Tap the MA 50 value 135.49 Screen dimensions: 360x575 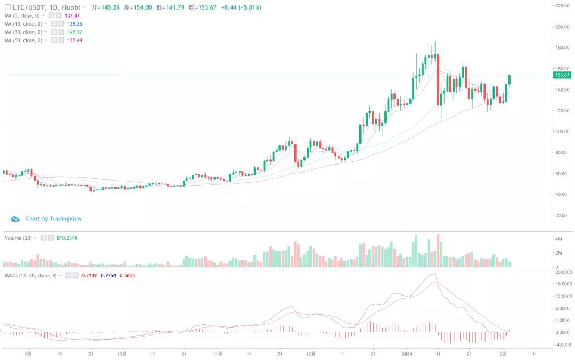(75, 40)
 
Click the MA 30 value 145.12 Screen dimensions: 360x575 (75, 32)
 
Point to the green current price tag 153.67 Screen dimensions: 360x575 (562, 75)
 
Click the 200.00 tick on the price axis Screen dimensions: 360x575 (562, 27)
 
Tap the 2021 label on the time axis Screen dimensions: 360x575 (407, 353)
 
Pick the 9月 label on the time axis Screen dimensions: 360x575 (29, 353)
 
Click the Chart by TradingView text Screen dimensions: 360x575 (54, 219)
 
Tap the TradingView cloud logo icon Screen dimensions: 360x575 (15, 219)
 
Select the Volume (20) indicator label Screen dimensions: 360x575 (19, 238)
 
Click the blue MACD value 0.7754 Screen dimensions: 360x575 (109, 276)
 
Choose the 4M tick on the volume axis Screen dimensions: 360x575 (559, 239)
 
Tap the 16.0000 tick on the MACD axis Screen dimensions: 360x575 (562, 284)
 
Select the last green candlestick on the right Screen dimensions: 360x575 (510, 80)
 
